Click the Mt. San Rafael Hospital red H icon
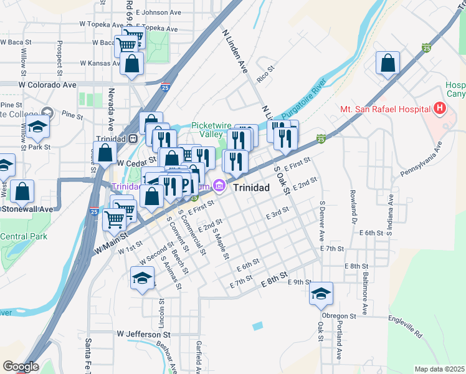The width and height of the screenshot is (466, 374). point(440,108)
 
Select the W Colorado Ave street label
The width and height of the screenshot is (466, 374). point(47,85)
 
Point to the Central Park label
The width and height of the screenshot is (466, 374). point(24,237)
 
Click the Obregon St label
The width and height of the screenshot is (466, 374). point(340,316)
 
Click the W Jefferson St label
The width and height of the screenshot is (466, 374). point(143,334)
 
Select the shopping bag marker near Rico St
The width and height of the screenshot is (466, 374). point(388,63)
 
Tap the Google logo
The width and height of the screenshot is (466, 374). point(21,367)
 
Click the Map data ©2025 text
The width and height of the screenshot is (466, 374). point(439,369)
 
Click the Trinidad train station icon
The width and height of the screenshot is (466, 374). point(132,139)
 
